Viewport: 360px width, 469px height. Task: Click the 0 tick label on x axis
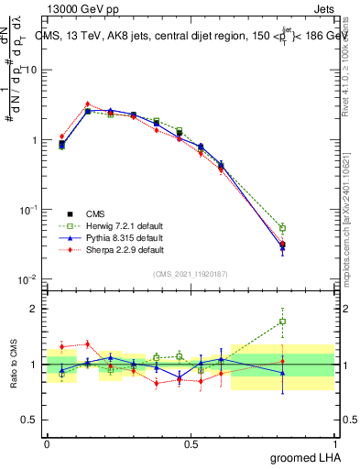point(47,444)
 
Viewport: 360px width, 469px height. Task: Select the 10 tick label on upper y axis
point(31,71)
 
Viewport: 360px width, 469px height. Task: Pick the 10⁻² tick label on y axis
point(29,279)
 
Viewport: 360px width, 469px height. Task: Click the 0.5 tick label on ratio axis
point(32,421)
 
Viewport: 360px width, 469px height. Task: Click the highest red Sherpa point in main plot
point(87,104)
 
